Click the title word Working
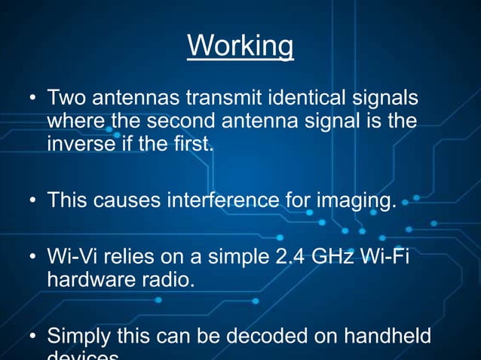pos(240,46)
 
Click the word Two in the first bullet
pos(66,99)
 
